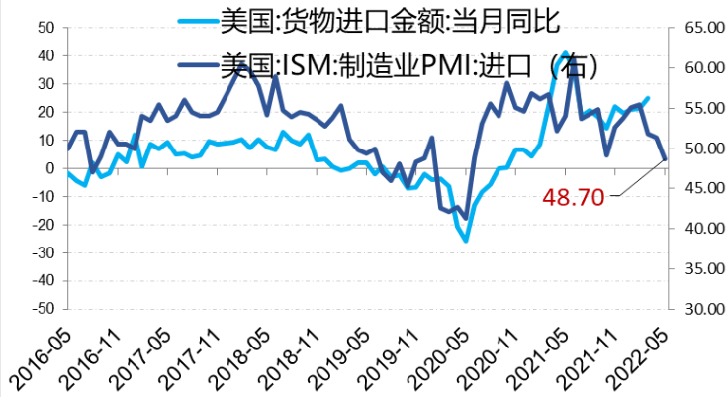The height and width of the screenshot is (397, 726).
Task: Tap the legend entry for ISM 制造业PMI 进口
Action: (407, 65)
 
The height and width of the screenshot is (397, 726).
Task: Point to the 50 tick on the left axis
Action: (45, 28)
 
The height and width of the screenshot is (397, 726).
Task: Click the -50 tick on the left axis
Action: (42, 309)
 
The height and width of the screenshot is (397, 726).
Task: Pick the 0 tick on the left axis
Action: (49, 168)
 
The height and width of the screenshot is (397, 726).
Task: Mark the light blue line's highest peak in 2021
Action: (565, 53)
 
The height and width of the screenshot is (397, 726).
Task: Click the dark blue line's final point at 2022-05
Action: (666, 158)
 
